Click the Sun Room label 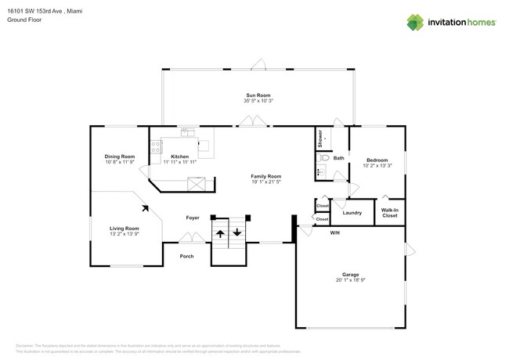coord(258,95)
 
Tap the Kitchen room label coord(179,157)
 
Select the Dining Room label coord(120,157)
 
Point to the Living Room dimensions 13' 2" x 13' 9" coord(124,234)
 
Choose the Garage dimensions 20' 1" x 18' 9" coord(350,280)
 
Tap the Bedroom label coord(377,160)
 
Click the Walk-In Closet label coord(389,212)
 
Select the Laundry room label coord(352,212)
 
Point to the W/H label coord(334,232)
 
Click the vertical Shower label coord(320,139)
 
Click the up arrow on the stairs coord(220,232)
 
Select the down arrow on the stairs coord(236,232)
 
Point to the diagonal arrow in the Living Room coord(145,208)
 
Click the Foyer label coord(192,217)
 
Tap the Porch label coord(186,256)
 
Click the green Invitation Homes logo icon coord(414,23)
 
